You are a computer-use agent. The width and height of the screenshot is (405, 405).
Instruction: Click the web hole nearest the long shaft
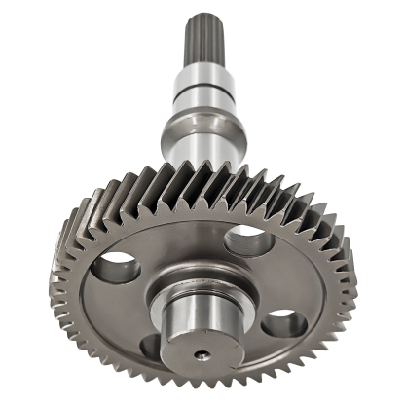[x=245, y=239]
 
